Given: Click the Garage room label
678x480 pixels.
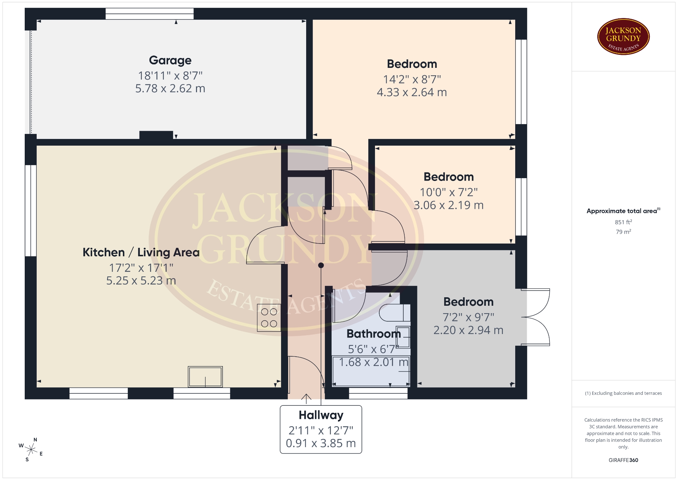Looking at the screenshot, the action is [170, 60].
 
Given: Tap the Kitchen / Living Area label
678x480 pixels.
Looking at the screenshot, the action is [141, 252].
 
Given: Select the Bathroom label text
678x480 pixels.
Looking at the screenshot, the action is [374, 334].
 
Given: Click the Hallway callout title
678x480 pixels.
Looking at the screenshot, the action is [321, 415].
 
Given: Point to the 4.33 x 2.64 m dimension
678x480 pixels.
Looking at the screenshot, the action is [412, 92].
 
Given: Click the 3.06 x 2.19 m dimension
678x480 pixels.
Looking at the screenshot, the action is [448, 205].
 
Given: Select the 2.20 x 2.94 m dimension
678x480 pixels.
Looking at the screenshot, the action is [468, 330].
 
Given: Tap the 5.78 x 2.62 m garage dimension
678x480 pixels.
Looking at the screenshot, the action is [170, 88].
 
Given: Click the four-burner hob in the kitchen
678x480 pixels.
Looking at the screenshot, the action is [269, 318].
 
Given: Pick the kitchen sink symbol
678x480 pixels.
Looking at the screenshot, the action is [205, 377].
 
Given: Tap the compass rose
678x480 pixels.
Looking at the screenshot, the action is [31, 450].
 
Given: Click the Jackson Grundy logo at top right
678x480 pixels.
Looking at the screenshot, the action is [623, 37].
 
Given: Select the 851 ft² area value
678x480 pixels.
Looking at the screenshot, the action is [623, 222].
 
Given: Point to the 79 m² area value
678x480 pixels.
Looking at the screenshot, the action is [623, 232].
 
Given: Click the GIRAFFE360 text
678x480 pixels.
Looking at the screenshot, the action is [623, 460].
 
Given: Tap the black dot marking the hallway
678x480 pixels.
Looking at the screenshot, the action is [321, 265].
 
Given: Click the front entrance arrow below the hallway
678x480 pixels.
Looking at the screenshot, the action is [306, 399].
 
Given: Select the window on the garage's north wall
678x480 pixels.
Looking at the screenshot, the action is [150, 14].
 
